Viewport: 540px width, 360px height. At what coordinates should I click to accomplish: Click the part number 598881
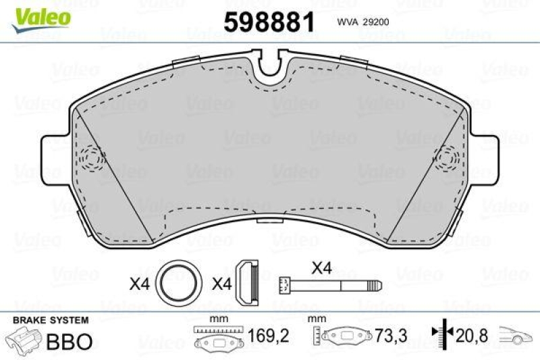pos(269,22)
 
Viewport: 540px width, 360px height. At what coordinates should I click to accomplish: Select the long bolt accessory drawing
pos(331,284)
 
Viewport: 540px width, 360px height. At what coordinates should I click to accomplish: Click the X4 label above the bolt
pos(322,267)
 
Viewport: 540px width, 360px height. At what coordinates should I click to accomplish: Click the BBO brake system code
pos(69,341)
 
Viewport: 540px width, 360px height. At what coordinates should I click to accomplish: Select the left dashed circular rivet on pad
pos(90,159)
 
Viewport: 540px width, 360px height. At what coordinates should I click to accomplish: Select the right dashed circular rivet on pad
pos(448,159)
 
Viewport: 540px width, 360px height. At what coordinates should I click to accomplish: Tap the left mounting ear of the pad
pos(54,159)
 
